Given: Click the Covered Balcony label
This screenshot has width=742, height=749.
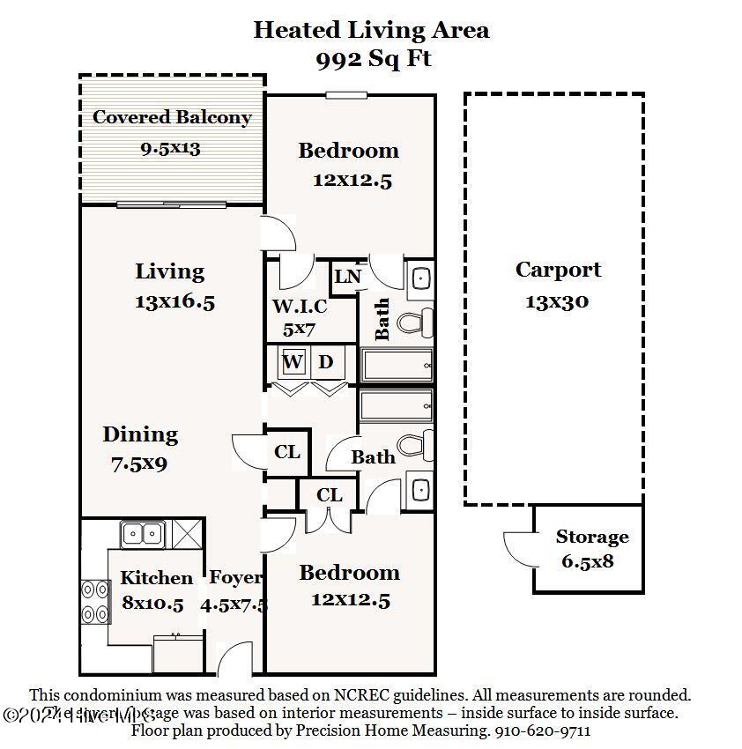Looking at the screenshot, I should pos(172,117).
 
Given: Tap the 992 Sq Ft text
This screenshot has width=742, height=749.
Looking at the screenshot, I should pos(373,60).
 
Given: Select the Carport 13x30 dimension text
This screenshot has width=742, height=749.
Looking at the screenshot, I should pos(557,301).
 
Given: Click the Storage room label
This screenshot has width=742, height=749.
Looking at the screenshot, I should pos(591,537).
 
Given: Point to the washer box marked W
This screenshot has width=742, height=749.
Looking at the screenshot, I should pos(293,362).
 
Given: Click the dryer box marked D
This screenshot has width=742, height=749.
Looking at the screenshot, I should pos(325,362).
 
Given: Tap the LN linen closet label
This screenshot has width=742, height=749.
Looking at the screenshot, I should pos(347,277).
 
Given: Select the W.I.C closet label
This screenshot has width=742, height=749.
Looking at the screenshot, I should pos(299,307).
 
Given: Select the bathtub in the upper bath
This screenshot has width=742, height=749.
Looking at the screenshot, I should pos(396,364).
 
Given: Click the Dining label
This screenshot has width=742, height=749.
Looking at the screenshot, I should pos(140,434).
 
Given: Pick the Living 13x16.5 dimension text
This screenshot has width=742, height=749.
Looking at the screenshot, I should pos(174,301).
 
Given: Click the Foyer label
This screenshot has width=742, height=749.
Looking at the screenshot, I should pos(235,578).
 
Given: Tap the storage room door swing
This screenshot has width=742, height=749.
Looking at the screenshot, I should pos(518,548).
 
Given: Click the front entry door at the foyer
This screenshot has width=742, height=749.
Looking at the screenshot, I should pos(234,661).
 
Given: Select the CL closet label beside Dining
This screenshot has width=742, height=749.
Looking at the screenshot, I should pos(287,452).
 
